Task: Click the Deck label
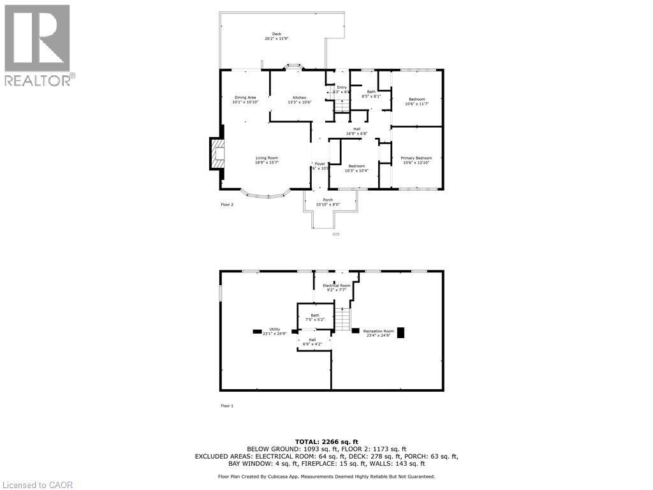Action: tap(277, 36)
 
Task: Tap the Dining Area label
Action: tap(245, 100)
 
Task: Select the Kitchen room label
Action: tap(300, 100)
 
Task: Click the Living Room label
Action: tap(267, 160)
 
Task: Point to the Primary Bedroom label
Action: tap(416, 160)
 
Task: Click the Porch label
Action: tap(328, 202)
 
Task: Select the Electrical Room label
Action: tap(336, 288)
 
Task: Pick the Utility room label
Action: tap(274, 331)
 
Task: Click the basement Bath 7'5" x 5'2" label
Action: tap(315, 317)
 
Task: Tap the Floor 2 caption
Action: tap(227, 205)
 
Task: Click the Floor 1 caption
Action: tap(227, 406)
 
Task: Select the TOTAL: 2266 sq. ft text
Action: tap(326, 442)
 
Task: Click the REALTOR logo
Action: tap(38, 45)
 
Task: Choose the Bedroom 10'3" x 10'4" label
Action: tap(356, 168)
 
